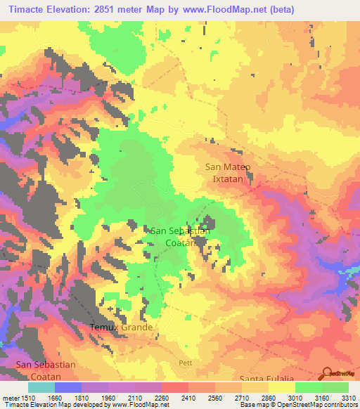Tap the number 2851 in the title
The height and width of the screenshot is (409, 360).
117,10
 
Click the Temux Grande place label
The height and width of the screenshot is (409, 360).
121,327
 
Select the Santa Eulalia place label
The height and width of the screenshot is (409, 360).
266,379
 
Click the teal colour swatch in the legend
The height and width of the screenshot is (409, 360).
41,387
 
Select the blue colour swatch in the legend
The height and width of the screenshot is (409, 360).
68,387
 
